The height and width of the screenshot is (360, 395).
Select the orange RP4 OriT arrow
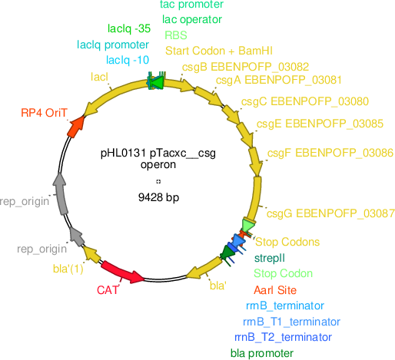(x=76, y=127)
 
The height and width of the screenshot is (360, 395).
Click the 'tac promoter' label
(x=191, y=5)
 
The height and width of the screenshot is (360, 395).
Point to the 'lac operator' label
(x=192, y=19)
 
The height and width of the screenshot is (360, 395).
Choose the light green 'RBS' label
(x=176, y=35)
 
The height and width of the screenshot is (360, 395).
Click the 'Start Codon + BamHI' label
(x=219, y=51)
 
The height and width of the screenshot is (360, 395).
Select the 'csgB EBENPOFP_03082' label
(x=245, y=67)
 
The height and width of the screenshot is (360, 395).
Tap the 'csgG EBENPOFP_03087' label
(x=330, y=213)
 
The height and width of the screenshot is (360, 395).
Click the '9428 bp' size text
(x=158, y=197)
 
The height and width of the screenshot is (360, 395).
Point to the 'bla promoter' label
(x=262, y=353)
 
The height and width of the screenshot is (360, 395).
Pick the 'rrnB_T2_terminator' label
(x=283, y=337)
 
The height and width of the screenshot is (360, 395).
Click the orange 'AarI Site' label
(x=275, y=290)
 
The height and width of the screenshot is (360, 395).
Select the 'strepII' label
(x=270, y=258)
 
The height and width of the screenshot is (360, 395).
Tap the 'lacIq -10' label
(x=128, y=60)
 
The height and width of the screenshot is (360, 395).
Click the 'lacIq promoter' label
(x=113, y=45)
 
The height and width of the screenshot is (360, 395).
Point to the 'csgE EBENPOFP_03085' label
(x=320, y=124)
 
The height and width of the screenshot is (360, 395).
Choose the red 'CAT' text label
(x=108, y=290)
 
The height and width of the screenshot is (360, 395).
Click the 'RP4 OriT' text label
(x=44, y=113)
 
